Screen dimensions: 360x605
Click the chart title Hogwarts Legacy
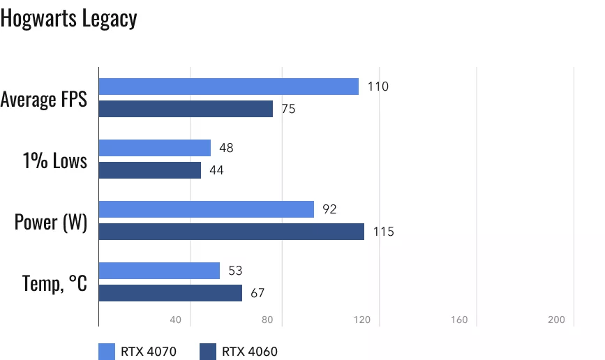tap(68, 19)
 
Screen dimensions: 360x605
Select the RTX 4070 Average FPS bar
tap(228, 87)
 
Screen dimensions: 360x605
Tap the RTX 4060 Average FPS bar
tap(186, 109)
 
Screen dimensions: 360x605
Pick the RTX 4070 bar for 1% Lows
tap(154, 148)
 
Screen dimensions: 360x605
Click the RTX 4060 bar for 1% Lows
tap(149, 170)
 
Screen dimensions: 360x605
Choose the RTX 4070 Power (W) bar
tap(206, 209)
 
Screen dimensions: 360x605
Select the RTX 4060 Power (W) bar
tap(231, 232)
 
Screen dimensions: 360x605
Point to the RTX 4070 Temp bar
tap(159, 271)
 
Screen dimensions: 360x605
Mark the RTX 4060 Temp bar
tap(170, 293)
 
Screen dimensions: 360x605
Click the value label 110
tap(378, 87)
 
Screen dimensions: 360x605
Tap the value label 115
tap(383, 232)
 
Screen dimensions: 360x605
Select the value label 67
tap(257, 293)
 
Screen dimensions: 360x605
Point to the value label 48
tap(225, 148)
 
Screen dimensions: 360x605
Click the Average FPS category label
tap(44, 99)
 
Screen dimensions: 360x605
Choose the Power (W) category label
tap(51, 223)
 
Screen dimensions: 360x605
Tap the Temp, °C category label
tap(54, 284)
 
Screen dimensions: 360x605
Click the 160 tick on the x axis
tap(458, 320)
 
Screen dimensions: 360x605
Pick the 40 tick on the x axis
tap(175, 320)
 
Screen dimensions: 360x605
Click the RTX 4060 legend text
tap(250, 351)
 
